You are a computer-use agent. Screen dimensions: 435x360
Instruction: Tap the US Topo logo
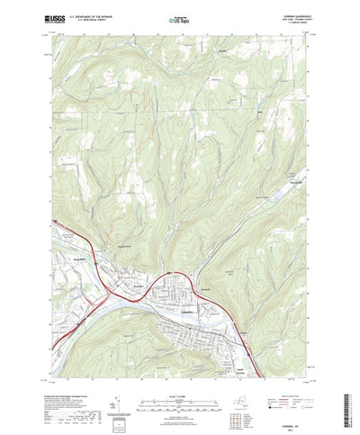click(x=178, y=18)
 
